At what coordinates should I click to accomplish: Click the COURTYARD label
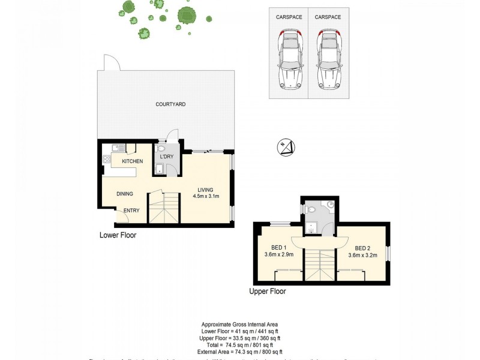click(170, 104)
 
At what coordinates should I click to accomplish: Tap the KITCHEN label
click(132, 162)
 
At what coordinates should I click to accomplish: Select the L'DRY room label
click(166, 157)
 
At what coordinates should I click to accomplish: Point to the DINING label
click(124, 193)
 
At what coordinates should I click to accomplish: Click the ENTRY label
click(131, 211)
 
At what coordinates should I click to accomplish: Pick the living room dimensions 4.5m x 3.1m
click(206, 196)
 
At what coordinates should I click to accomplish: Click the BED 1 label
click(278, 248)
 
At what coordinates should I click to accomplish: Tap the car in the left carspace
click(289, 59)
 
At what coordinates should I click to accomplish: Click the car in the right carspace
click(328, 59)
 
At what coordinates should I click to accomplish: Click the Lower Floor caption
click(118, 235)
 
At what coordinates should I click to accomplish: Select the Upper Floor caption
click(268, 292)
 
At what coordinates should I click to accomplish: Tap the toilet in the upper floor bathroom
click(310, 210)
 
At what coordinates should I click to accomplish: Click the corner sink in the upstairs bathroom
click(331, 205)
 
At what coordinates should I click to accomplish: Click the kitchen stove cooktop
click(107, 160)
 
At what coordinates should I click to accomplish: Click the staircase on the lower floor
click(164, 208)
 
